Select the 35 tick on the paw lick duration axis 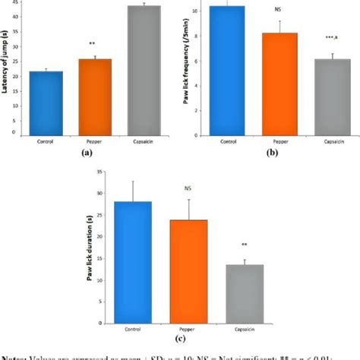(106, 172)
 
